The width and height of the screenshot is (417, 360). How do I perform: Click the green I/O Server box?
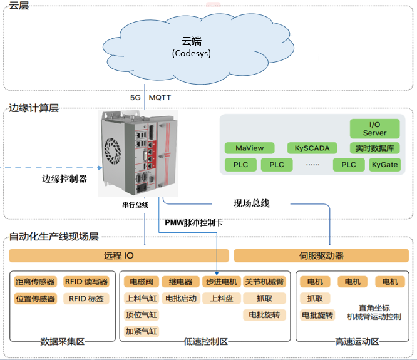374,129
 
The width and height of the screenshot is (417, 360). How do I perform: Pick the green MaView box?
249,148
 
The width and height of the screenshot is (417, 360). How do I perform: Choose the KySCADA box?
307,148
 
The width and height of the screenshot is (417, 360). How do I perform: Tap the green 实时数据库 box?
374,148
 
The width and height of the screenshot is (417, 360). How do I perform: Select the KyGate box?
384,165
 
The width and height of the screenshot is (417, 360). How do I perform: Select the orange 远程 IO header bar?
118,255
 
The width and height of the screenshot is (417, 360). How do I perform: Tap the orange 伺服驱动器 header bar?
321,255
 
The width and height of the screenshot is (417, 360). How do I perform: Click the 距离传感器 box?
35,282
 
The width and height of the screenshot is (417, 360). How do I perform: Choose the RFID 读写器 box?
86,282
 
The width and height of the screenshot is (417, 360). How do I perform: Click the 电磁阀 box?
141,282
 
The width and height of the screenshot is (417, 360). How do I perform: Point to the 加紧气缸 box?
141,331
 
